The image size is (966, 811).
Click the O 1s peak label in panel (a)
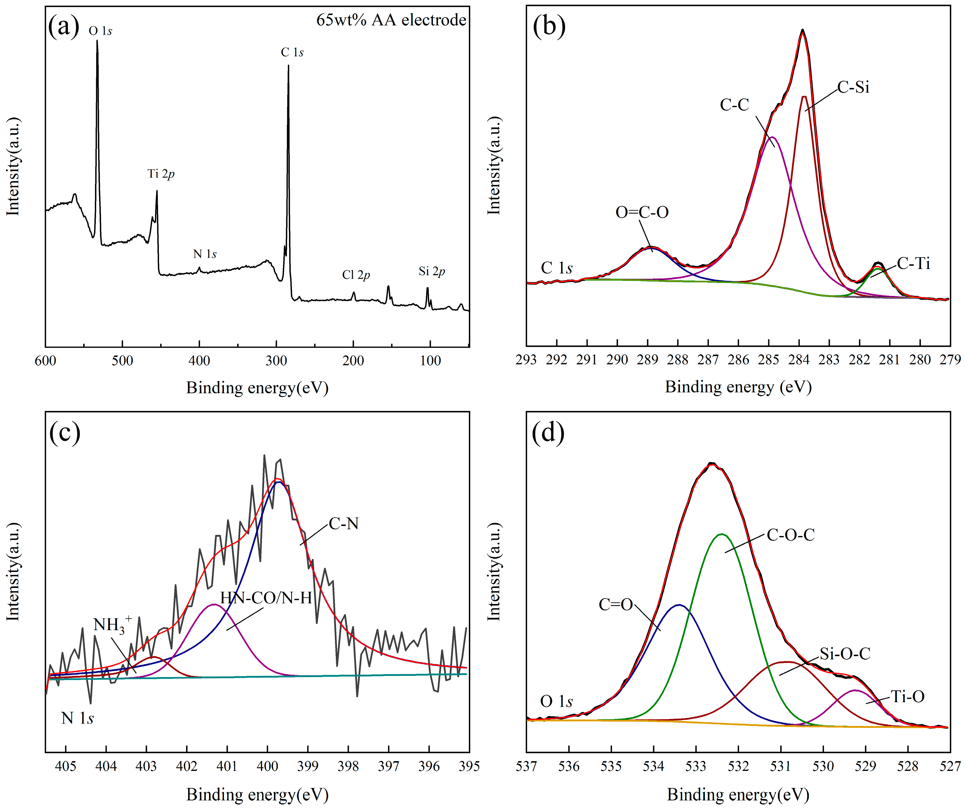click(100, 31)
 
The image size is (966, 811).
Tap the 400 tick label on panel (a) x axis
click(199, 361)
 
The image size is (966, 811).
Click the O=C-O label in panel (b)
click(642, 212)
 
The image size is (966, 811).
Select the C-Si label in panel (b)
click(853, 87)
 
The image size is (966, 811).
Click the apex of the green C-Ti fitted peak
click(877, 268)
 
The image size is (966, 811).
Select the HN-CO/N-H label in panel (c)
click(266, 598)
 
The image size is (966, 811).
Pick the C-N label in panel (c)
click(344, 524)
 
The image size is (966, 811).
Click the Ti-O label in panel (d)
click(908, 697)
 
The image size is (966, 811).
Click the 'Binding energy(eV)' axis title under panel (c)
click(257, 795)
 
